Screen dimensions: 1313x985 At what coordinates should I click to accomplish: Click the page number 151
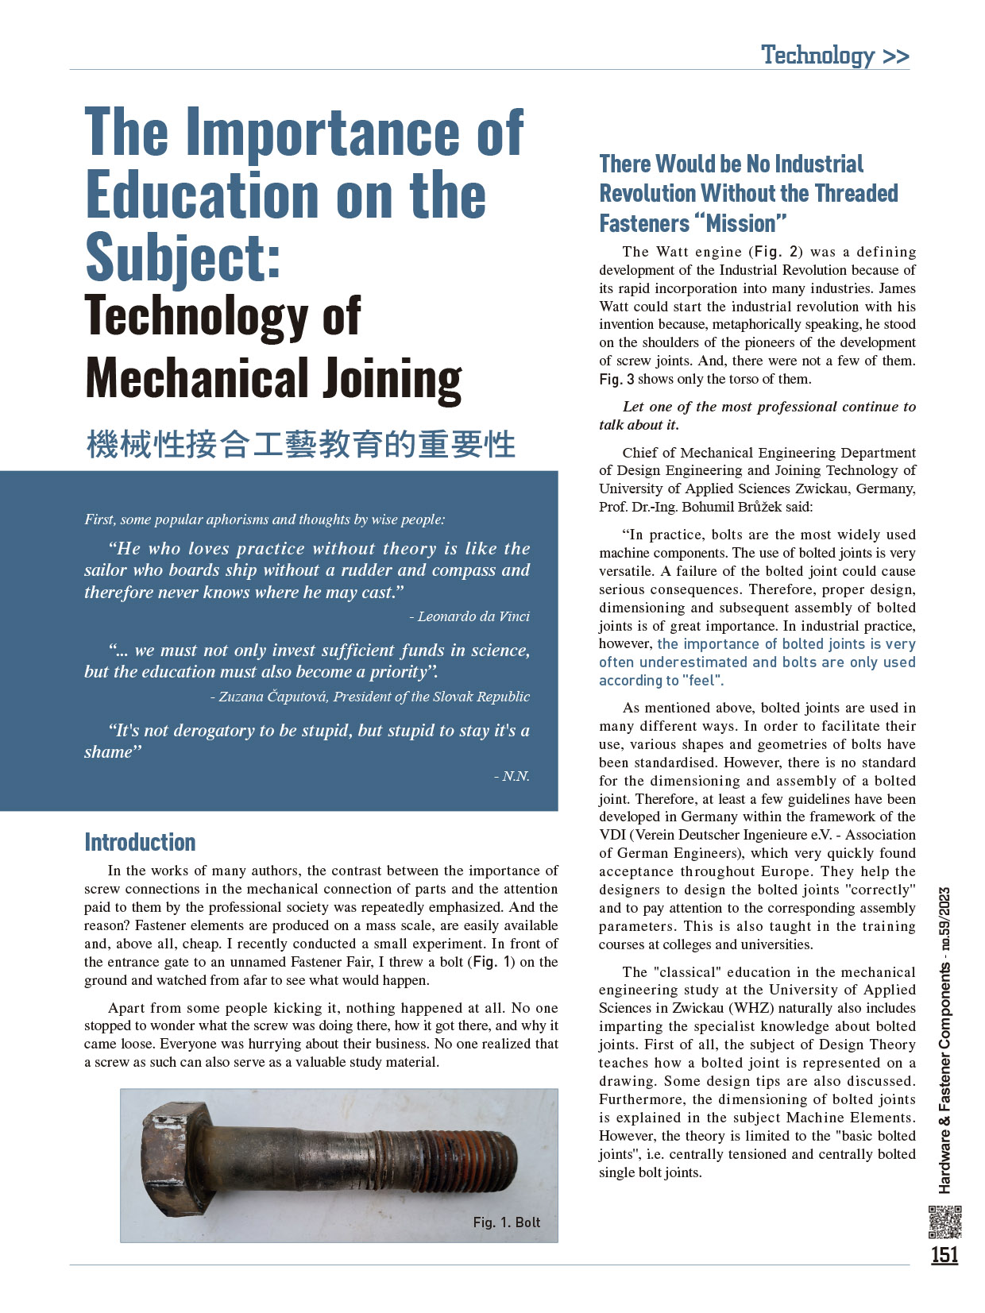tap(944, 1255)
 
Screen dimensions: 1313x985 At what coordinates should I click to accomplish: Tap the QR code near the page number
tap(944, 1222)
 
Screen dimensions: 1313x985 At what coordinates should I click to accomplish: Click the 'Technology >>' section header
tap(835, 56)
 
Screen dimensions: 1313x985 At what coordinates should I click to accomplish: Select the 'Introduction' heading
tap(140, 842)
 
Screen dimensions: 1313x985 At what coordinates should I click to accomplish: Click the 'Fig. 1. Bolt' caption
tap(506, 1222)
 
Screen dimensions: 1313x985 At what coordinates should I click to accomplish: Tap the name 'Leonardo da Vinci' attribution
tap(473, 616)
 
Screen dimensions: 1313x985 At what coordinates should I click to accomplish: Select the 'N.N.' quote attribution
tap(516, 776)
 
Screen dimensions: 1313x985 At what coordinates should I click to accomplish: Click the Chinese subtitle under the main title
tap(301, 444)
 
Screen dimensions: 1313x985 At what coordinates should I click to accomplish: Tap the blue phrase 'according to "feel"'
tap(661, 681)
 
